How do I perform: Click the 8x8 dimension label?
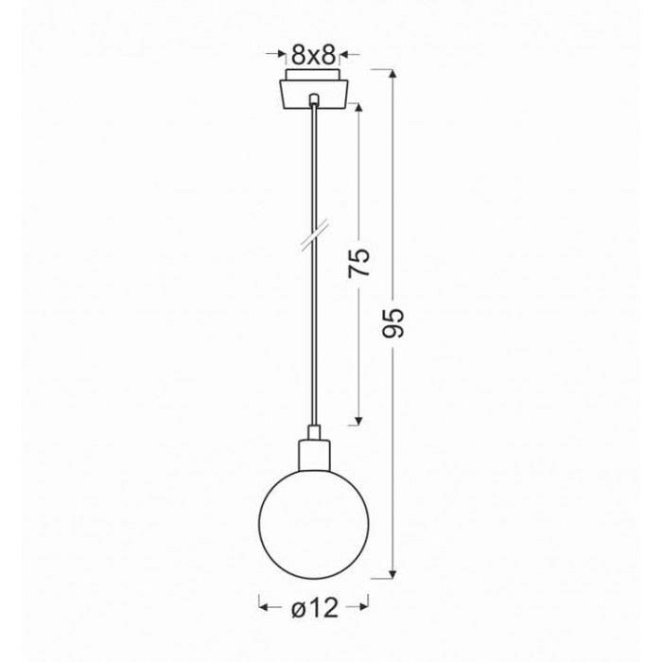point(313,55)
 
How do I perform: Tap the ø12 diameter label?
point(315,608)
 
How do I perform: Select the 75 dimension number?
point(358,263)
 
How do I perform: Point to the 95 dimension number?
point(393,323)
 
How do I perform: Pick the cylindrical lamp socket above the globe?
point(314,455)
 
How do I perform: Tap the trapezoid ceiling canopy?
point(313,95)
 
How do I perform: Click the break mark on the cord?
point(314,236)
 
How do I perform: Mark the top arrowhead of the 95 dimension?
point(393,75)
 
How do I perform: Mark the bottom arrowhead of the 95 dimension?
point(393,573)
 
